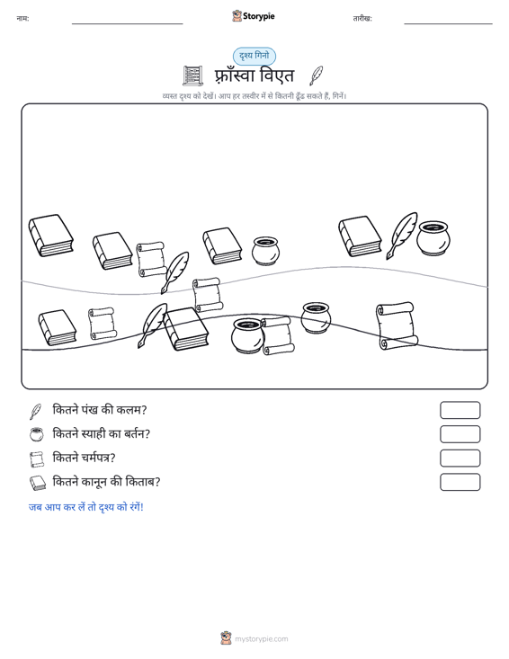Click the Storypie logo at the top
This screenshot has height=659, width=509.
tap(254, 16)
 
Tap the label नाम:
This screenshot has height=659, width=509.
tap(22, 19)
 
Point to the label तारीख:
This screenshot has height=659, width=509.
tap(362, 19)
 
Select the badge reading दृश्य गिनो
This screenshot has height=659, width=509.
tap(254, 56)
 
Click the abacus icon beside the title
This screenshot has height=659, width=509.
tap(193, 76)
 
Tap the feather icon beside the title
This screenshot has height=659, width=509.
tap(316, 76)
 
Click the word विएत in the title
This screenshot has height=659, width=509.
tap(277, 76)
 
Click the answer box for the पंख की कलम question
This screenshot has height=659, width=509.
tap(460, 410)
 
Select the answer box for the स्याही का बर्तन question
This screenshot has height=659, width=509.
tap(460, 434)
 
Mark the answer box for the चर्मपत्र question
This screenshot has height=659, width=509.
tap(460, 459)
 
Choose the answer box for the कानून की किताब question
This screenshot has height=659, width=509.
tap(460, 482)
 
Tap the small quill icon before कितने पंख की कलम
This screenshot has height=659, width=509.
tap(36, 412)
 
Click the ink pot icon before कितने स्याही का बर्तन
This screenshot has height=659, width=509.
tap(37, 434)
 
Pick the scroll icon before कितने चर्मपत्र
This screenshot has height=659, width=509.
tap(37, 459)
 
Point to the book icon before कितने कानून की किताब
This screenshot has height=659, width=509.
tap(38, 483)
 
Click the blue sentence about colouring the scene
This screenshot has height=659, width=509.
tap(86, 507)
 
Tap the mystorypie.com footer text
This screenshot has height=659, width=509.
tap(262, 639)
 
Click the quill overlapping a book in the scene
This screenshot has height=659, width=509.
tap(153, 325)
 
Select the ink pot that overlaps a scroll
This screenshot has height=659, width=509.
tap(247, 335)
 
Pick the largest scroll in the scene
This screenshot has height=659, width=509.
tap(397, 325)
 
